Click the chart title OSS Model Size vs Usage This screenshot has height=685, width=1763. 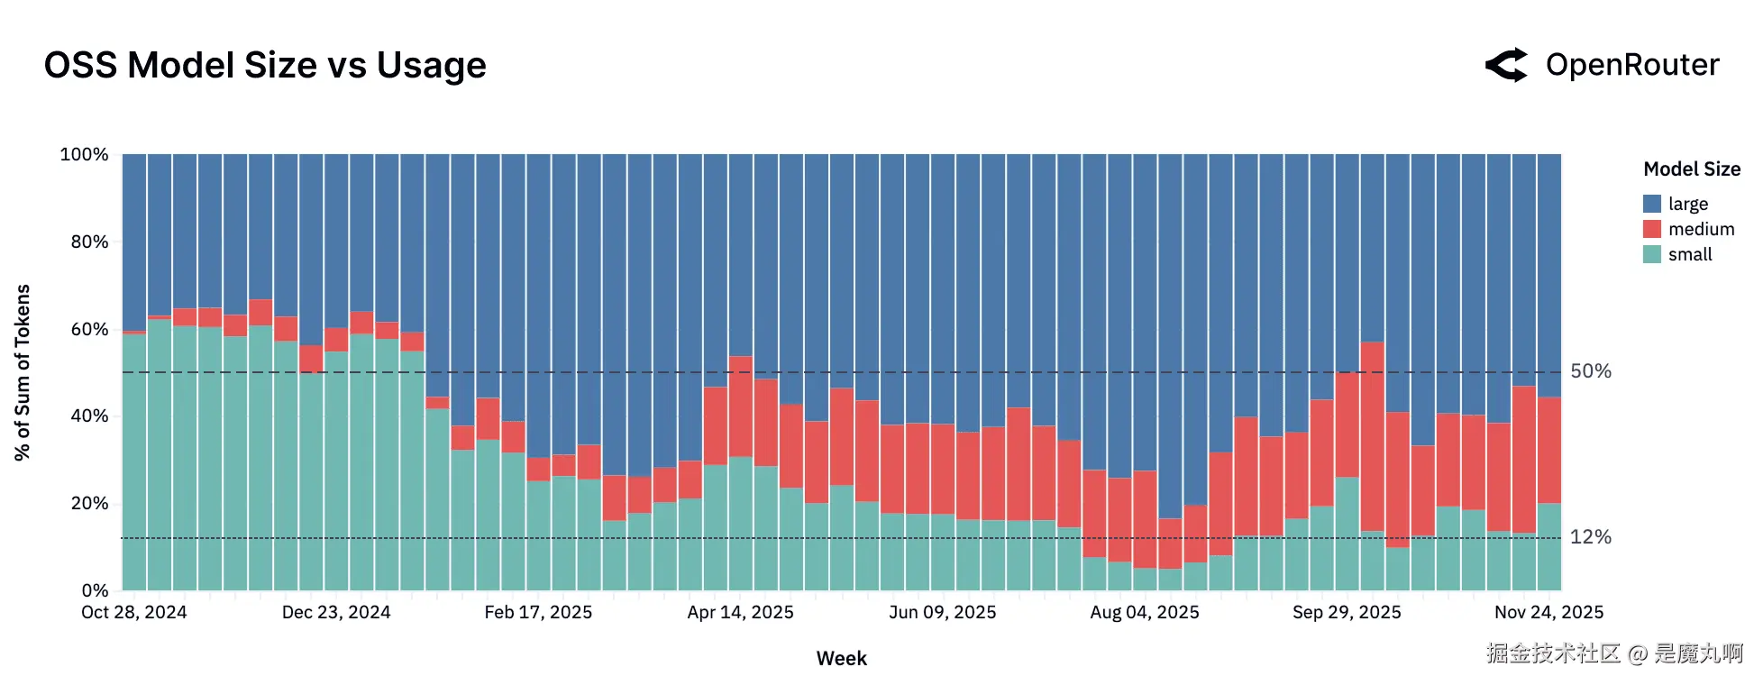tap(265, 65)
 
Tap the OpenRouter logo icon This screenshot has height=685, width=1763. tap(1506, 65)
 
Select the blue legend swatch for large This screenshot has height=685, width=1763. tap(1652, 204)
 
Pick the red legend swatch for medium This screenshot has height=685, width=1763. tap(1652, 229)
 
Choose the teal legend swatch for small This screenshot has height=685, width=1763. tap(1652, 254)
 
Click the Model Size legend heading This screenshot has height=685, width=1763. tap(1691, 169)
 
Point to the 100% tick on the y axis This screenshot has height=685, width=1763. tap(84, 154)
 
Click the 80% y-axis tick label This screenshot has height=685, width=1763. tap(89, 242)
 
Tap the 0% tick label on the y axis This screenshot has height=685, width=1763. tap(95, 590)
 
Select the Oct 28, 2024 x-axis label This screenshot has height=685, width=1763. tap(134, 613)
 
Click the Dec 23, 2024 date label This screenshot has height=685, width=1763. tap(336, 613)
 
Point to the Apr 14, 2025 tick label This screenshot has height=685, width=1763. tap(740, 613)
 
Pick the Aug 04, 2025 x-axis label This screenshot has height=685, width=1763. tap(1145, 613)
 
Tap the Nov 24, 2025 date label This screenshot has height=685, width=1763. tap(1548, 613)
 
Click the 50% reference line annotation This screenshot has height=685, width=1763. tap(1591, 371)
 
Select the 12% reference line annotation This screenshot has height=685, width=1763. tap(1591, 537)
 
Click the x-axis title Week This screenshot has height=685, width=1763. tap(841, 659)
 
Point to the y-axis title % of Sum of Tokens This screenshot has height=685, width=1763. tap(23, 372)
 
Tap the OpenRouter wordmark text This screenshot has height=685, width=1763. tap(1632, 65)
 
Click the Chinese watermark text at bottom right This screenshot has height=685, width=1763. tap(1614, 653)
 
